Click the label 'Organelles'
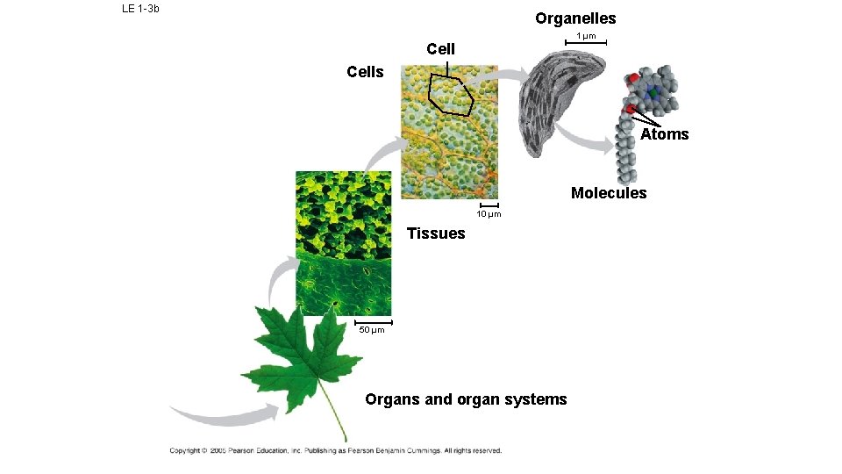click(575, 18)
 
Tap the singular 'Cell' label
click(440, 49)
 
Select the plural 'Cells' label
click(365, 72)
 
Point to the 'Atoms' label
click(664, 134)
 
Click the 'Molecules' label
click(608, 193)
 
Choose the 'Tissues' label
click(436, 233)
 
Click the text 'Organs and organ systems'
click(466, 399)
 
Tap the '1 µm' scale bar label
click(585, 36)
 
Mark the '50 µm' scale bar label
click(372, 330)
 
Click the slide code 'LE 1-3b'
click(140, 10)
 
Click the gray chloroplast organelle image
click(561, 97)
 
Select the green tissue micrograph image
click(343, 241)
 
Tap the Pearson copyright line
click(336, 451)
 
